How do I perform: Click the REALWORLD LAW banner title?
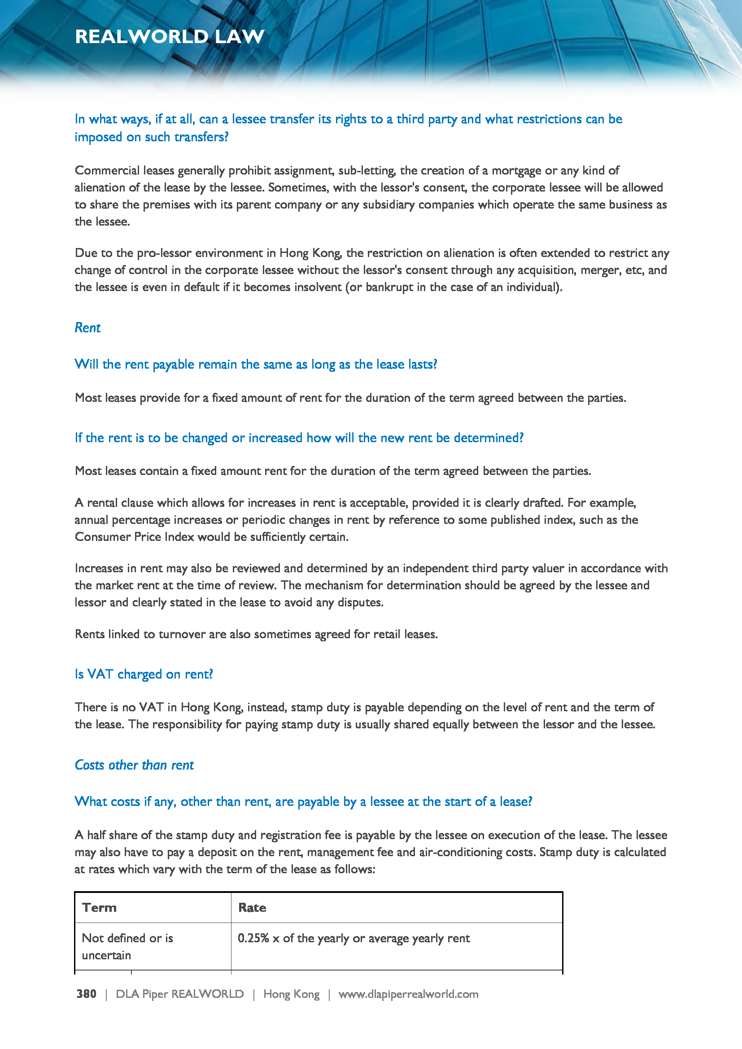[170, 36]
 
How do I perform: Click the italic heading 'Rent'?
[87, 327]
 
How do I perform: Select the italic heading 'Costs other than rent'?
[134, 765]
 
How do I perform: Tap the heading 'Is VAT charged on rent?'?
[144, 674]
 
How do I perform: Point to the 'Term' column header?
[99, 907]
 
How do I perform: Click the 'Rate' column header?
[252, 907]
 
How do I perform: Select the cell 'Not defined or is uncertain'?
[127, 946]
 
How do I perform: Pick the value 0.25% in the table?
[253, 938]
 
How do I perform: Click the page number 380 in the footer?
[86, 994]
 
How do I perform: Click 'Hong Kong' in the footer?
[291, 994]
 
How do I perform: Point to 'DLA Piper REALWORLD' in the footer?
[179, 994]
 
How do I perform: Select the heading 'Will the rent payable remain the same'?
[255, 364]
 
